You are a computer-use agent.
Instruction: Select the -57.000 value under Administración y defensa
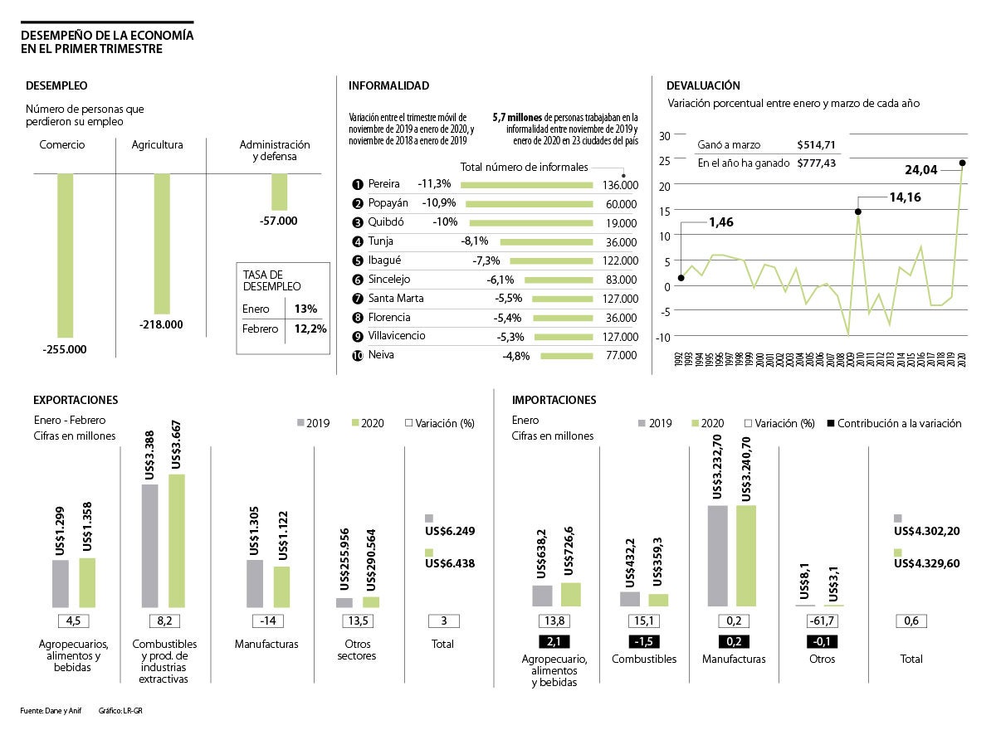[x=279, y=221]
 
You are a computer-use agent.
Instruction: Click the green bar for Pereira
[x=526, y=184]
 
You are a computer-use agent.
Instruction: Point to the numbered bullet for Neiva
[x=358, y=356]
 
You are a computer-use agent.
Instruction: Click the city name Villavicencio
[x=397, y=336]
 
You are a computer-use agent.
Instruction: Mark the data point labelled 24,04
[x=963, y=163]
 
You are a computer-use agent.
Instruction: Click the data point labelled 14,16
[x=858, y=212]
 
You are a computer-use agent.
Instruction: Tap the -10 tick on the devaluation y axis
[x=662, y=337]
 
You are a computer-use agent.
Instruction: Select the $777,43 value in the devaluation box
[x=816, y=163]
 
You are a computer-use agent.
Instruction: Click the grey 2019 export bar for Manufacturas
[x=255, y=584]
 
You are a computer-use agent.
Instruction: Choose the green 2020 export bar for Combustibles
[x=177, y=541]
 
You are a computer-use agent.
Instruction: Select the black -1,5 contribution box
[x=642, y=641]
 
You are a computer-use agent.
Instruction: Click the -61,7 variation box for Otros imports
[x=822, y=621]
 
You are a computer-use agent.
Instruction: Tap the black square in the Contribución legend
[x=831, y=423]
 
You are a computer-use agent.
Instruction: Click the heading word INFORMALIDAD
[x=388, y=85]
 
